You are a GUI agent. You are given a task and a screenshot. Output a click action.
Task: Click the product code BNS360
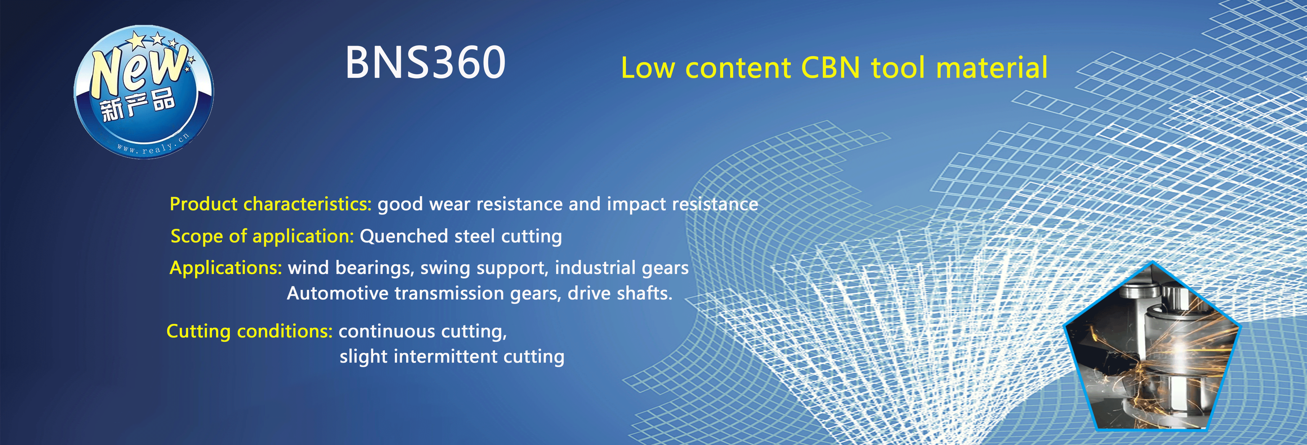(x=425, y=63)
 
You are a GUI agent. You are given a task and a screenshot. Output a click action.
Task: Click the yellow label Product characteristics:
(x=270, y=204)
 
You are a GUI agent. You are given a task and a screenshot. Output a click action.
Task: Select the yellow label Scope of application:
(x=262, y=236)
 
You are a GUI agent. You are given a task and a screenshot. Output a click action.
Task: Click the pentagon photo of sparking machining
(x=1152, y=351)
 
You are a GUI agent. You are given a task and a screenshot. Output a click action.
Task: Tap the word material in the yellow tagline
(x=992, y=68)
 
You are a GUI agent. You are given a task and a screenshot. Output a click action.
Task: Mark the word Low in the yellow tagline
(x=648, y=68)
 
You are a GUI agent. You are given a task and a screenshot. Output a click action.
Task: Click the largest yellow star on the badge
(x=136, y=40)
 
